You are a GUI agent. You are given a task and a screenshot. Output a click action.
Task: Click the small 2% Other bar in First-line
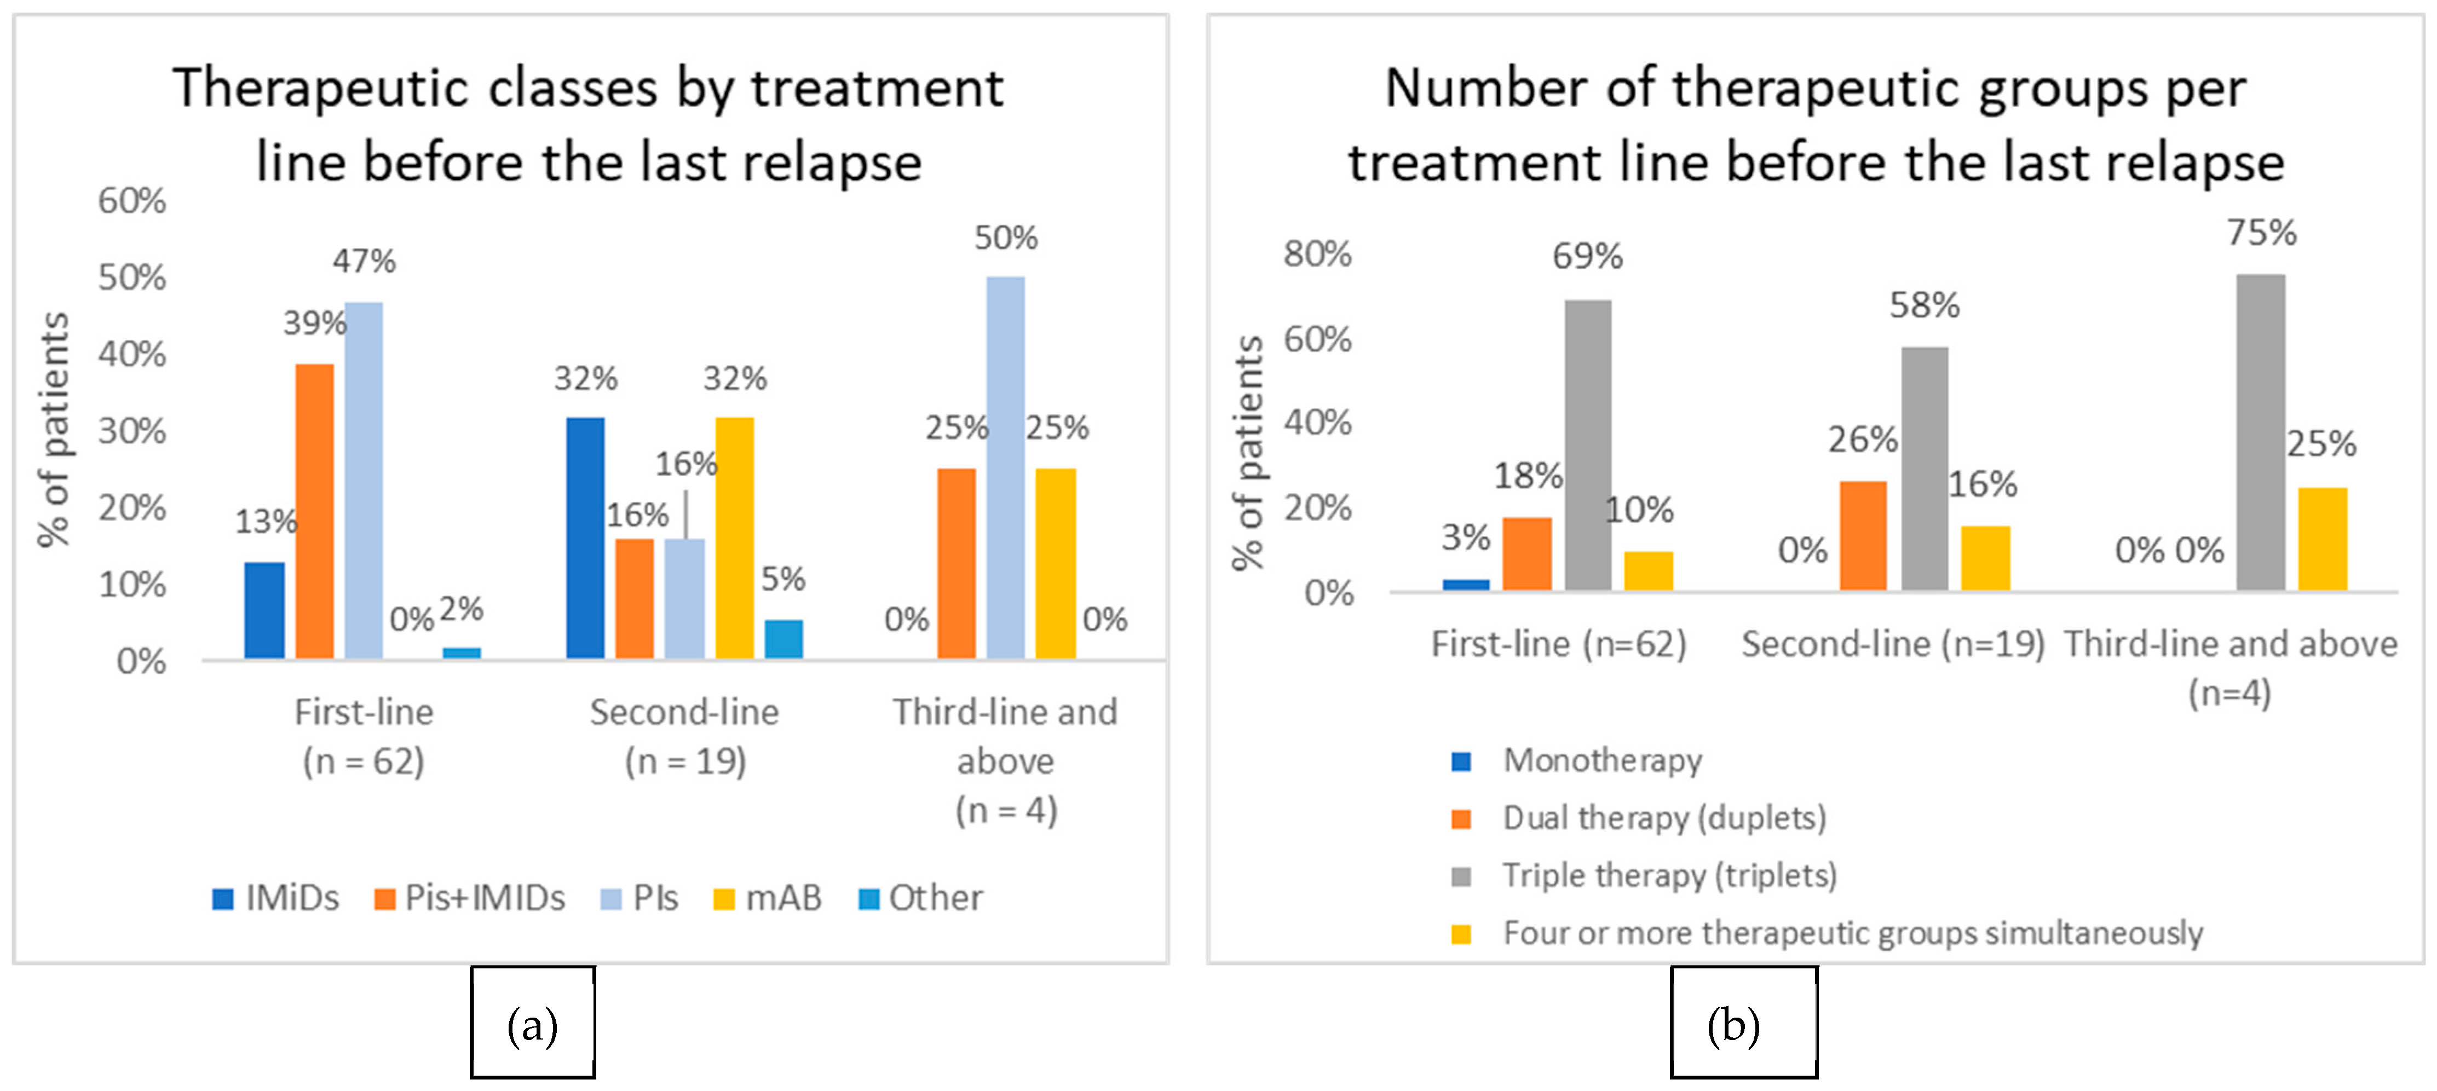[462, 653]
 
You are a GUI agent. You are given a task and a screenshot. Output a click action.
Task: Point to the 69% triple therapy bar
[1587, 446]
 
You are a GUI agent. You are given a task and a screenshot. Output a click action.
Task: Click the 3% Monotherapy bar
[1465, 585]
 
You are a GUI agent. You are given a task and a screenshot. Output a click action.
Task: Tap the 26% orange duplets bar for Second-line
[1863, 536]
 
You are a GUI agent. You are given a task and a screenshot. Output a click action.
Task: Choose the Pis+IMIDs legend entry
[470, 897]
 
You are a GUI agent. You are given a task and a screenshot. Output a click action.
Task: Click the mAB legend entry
[767, 897]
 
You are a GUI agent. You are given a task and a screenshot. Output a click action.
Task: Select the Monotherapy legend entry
[1577, 760]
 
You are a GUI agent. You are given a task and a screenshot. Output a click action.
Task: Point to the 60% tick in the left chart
[132, 200]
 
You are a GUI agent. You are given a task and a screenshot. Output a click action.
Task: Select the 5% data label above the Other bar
[783, 578]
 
